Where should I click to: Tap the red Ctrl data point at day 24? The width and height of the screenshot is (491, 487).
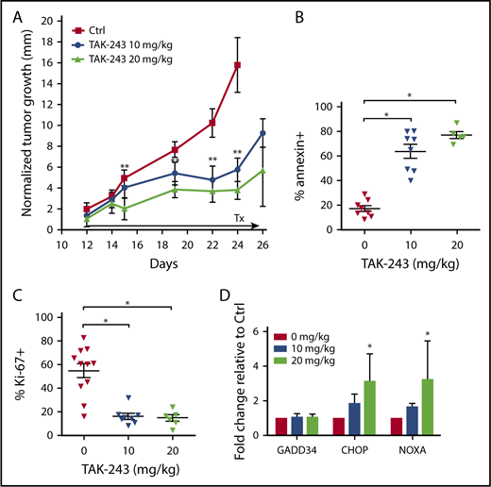coord(238,65)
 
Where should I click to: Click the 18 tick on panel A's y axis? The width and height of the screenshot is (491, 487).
coord(47,15)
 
